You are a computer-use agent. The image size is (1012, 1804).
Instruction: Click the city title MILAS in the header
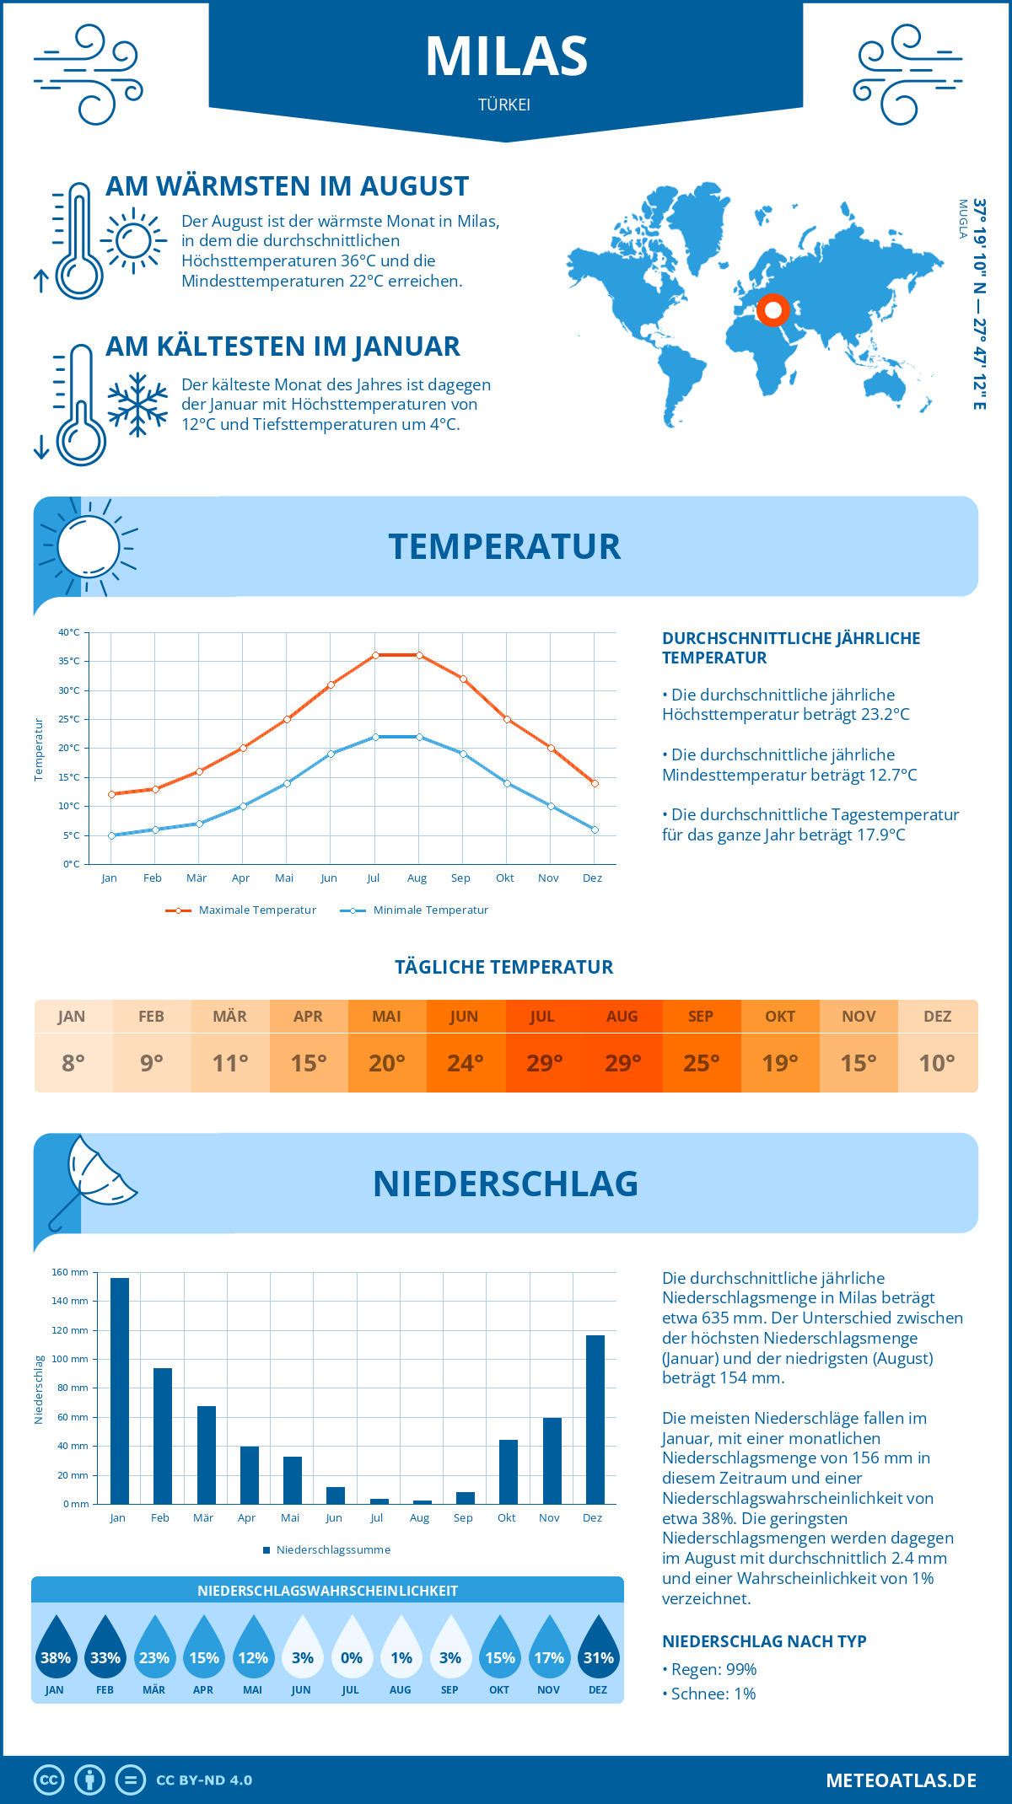[x=506, y=56]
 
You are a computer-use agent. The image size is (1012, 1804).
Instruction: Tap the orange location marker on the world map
[x=772, y=309]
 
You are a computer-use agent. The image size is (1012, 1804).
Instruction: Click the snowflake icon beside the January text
[x=137, y=405]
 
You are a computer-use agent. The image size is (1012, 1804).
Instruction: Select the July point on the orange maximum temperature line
[x=375, y=655]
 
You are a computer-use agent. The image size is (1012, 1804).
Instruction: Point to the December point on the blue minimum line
[x=595, y=830]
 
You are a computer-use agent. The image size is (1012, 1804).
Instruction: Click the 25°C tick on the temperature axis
[x=69, y=719]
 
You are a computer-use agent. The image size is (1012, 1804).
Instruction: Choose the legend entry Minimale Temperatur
[x=430, y=910]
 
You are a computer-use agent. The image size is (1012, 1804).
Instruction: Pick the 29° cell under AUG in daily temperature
[x=622, y=1063]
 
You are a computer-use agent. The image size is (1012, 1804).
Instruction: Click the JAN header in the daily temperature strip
[x=72, y=1017]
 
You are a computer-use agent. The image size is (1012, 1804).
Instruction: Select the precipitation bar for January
[x=120, y=1391]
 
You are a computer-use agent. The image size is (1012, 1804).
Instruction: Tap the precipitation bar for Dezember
[x=595, y=1420]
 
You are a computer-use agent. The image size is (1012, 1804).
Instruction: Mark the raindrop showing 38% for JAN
[x=56, y=1648]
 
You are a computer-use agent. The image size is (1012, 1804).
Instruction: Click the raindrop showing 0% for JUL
[x=352, y=1648]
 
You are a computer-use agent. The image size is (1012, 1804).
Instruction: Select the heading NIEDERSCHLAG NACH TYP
[x=764, y=1641]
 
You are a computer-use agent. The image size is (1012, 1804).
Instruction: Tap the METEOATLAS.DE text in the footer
[x=901, y=1780]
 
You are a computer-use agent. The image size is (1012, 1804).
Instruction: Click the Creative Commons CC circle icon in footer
[x=49, y=1780]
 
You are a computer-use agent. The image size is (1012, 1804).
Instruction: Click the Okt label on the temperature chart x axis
[x=504, y=878]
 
